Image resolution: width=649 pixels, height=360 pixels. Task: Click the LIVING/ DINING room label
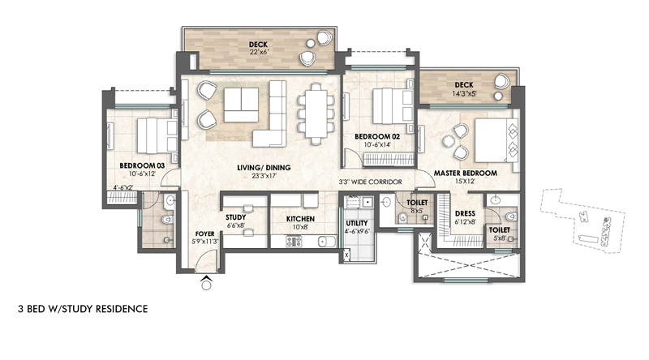264,168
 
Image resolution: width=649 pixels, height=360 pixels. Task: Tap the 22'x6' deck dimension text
259,52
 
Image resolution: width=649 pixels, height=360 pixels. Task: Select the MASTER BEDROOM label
465,173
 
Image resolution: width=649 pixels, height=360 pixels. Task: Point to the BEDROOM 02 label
377,136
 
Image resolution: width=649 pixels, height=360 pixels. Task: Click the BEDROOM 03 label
142,165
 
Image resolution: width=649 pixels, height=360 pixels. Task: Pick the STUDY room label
235,217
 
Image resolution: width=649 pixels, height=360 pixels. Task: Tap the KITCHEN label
300,219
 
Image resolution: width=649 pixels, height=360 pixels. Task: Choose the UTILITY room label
357,223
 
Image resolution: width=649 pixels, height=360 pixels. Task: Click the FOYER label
205,234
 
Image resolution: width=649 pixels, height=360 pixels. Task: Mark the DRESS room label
465,213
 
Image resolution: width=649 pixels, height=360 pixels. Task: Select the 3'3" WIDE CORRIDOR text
370,182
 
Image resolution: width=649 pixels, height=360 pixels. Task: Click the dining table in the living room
316,114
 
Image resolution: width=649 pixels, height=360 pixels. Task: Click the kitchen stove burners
294,242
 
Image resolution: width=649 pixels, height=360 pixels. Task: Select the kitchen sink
327,242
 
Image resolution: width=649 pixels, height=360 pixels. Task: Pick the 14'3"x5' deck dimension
464,93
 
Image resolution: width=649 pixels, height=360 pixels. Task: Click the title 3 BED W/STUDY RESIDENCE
83,309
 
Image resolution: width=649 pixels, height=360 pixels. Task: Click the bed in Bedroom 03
157,135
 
